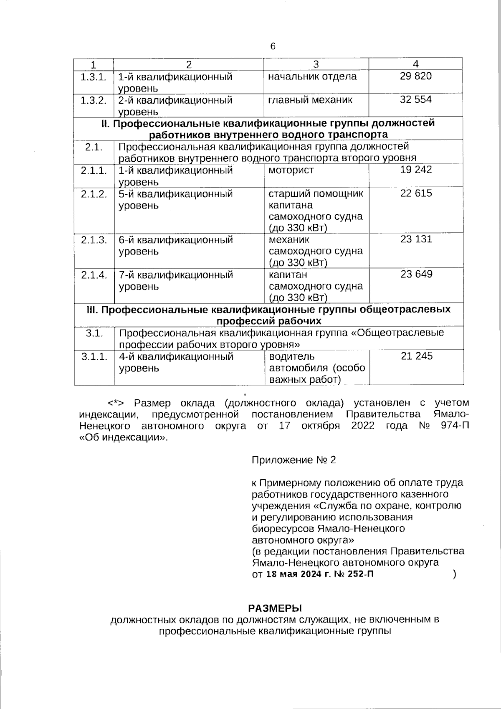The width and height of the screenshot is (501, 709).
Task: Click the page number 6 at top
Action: (273, 46)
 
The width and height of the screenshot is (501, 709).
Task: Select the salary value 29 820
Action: (416, 76)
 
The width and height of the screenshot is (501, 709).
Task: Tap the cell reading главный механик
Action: (311, 100)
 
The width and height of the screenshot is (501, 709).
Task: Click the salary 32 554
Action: (416, 99)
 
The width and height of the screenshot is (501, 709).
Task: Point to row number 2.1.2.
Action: (94, 194)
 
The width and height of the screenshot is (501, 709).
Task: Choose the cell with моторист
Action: (291, 170)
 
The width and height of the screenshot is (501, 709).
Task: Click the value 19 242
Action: (416, 170)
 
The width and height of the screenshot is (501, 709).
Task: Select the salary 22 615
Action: (416, 193)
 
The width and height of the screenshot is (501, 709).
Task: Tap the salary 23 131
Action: (416, 239)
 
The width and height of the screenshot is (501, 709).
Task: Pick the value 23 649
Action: (416, 274)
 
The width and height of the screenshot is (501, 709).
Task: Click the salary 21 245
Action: (416, 356)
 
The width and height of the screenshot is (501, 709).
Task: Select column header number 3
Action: (316, 64)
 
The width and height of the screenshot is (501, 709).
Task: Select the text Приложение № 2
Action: (294, 460)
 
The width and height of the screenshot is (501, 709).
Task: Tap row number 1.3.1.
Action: (94, 77)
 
